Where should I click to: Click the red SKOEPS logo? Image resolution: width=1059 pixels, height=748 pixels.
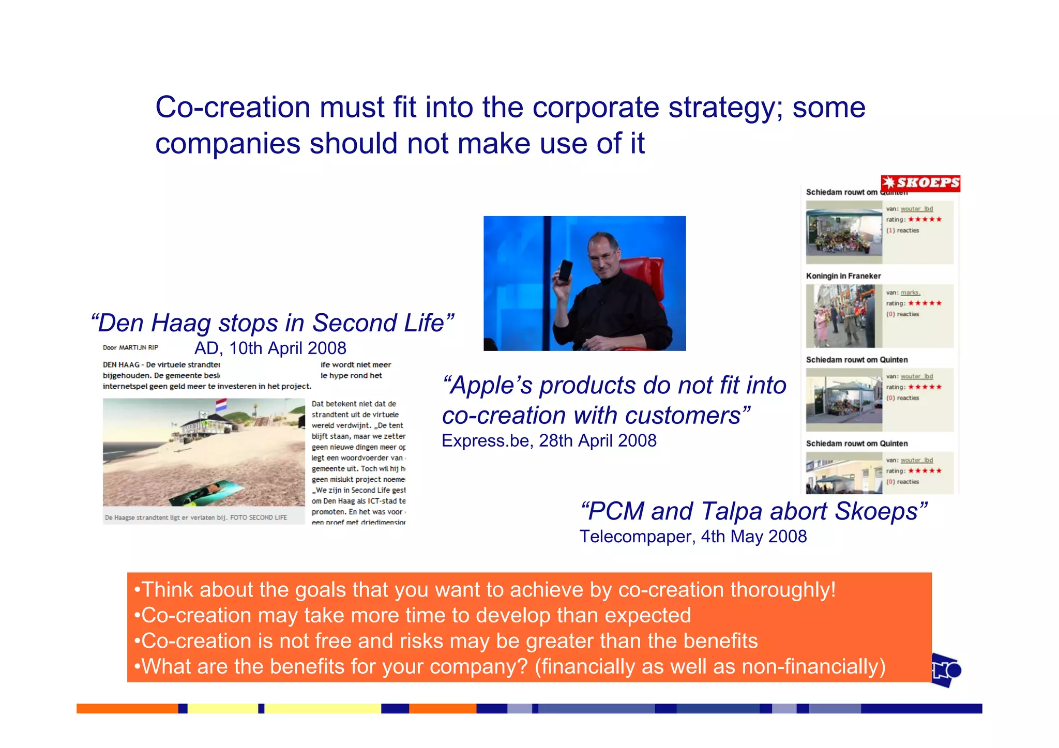point(920,183)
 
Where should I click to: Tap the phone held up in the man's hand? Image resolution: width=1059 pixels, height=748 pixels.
point(565,270)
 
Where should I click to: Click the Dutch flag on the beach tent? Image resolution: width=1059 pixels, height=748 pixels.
point(221,405)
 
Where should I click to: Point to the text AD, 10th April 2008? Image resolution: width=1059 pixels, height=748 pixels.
point(270,348)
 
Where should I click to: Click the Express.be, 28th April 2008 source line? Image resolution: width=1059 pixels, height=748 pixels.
point(549,441)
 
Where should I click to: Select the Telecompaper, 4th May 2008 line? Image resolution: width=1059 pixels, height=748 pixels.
point(692,537)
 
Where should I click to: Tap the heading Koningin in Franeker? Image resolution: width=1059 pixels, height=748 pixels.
point(843,276)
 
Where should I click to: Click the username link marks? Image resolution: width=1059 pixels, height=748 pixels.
point(910,293)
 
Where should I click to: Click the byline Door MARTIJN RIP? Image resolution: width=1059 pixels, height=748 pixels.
point(130,347)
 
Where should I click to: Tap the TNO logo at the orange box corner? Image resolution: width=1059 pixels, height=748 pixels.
point(946,670)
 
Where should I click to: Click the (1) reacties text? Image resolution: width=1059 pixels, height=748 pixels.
point(902,231)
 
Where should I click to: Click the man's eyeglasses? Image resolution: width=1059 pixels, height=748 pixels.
point(605,254)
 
